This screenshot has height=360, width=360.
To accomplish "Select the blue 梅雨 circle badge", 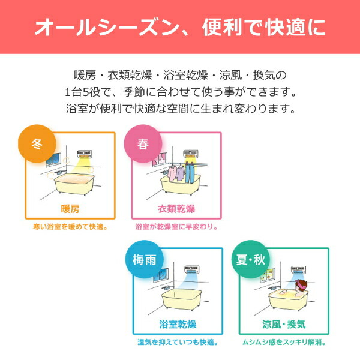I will tap(144, 260).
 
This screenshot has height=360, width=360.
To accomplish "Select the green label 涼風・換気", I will tap(284, 325).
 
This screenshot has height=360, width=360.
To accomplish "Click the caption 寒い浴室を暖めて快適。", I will tap(70, 227).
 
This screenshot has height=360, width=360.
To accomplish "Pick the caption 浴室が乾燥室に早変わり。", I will tap(176, 227).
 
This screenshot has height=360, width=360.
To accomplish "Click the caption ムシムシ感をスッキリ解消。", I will tap(284, 343).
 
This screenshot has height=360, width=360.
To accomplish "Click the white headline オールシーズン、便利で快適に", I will tap(180, 27).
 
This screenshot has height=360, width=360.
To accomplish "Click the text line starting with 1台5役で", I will tap(180, 93).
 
